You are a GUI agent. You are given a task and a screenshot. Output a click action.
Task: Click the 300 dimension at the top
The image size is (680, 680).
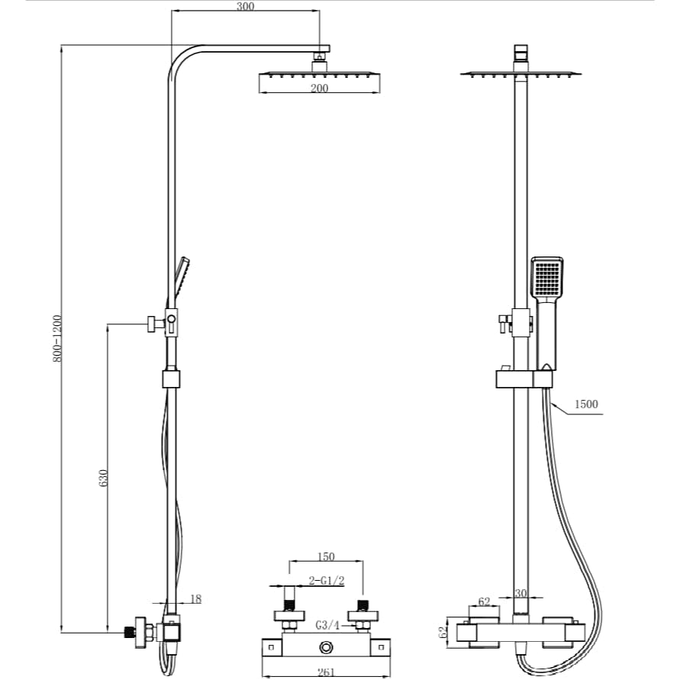[x=245, y=6]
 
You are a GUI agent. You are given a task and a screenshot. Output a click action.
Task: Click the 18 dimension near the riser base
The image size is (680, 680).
[x=195, y=599]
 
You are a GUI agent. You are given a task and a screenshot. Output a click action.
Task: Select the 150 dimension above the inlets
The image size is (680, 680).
[x=325, y=557]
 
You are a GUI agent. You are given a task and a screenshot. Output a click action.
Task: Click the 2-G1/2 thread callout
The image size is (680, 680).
[x=327, y=581]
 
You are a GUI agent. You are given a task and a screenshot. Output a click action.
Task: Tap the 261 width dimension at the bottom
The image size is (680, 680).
[x=326, y=672]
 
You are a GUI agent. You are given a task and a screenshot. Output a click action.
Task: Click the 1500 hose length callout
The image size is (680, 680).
[x=586, y=404]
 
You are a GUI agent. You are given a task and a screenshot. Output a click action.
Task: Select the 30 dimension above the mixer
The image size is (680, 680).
[x=521, y=592]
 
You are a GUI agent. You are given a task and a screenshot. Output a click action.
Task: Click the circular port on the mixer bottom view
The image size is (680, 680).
[x=327, y=648]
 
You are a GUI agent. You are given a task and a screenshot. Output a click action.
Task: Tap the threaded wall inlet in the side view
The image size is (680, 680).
[x=131, y=632]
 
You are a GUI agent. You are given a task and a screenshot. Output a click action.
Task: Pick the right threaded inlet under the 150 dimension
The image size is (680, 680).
[x=364, y=604]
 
